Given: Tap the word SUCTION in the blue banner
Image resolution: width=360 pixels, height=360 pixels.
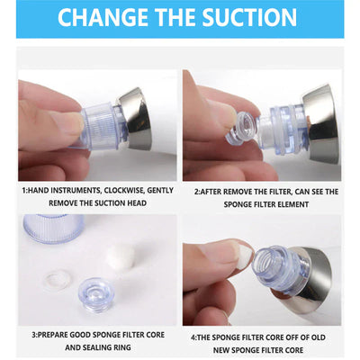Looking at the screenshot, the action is [249, 18].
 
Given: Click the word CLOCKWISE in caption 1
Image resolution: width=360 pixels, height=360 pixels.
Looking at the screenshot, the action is [123, 191].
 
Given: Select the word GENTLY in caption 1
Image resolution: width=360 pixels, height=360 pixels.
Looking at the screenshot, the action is [160, 191].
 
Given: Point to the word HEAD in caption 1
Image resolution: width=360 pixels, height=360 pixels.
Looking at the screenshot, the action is [138, 203].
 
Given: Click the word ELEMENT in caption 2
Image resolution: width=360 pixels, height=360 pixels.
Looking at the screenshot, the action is [292, 204].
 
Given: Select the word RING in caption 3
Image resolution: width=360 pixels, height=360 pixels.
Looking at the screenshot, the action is [122, 347].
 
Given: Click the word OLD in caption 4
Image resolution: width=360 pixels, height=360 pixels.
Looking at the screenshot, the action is [318, 337].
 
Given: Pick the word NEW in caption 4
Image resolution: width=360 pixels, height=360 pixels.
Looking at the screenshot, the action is [221, 350].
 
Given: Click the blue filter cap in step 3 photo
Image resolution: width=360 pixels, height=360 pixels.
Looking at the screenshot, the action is [96, 292].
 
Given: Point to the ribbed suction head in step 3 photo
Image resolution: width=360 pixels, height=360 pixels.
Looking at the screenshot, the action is [53, 229].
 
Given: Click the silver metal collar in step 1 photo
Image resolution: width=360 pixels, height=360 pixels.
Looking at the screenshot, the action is [137, 119].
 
